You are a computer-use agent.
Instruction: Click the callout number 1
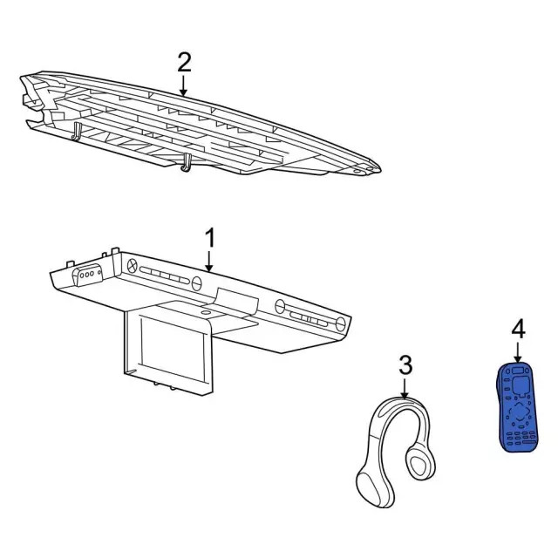[209, 237]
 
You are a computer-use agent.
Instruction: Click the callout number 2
[184, 62]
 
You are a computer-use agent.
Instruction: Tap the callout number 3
[405, 364]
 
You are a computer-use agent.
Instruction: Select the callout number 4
[518, 329]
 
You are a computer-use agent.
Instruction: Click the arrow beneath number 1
[209, 261]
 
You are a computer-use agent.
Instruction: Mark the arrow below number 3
[405, 388]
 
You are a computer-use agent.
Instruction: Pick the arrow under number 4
[518, 352]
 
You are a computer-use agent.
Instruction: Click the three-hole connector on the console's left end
[86, 276]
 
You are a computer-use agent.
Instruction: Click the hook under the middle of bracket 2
[187, 163]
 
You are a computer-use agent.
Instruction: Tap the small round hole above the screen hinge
[207, 310]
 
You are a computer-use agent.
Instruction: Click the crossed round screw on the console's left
[133, 264]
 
